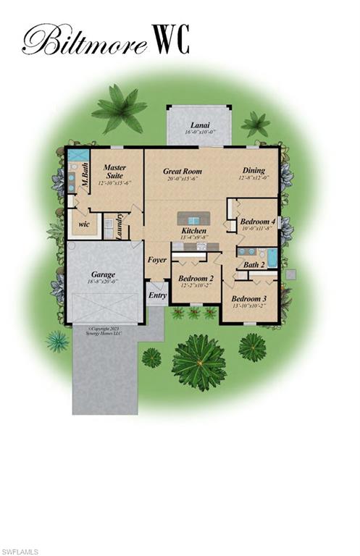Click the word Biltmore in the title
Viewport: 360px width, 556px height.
[x=83, y=40]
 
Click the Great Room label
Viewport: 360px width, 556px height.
[x=183, y=172]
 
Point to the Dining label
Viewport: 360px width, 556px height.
[x=253, y=172]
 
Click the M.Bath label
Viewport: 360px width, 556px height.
[x=85, y=176]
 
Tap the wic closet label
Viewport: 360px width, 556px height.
[x=84, y=224]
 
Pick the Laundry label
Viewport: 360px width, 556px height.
[x=118, y=228]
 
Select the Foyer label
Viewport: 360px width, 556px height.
[x=157, y=260]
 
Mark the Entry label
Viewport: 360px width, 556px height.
[x=157, y=295]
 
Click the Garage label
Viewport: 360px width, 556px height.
[x=103, y=274]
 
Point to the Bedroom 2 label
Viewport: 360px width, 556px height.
[x=196, y=278]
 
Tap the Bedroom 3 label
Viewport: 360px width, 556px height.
[x=249, y=298]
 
